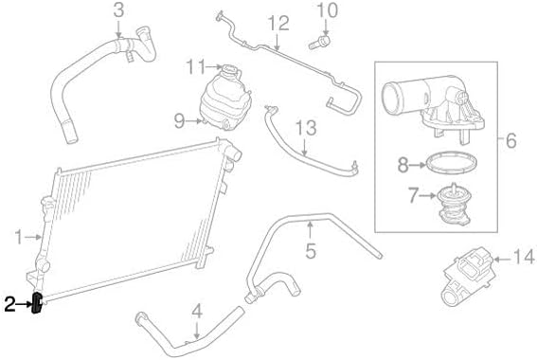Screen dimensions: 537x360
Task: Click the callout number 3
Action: pyautogui.click(x=118, y=10)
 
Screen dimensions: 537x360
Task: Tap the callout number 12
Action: pyautogui.click(x=278, y=24)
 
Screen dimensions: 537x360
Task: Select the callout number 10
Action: pyautogui.click(x=328, y=10)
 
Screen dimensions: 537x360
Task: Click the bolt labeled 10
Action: pyautogui.click(x=319, y=43)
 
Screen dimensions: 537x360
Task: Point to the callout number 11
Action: pyautogui.click(x=196, y=67)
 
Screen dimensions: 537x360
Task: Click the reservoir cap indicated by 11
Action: pyautogui.click(x=230, y=72)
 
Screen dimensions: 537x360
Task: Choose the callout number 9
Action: pyautogui.click(x=179, y=120)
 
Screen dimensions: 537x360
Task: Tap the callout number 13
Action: pyautogui.click(x=306, y=128)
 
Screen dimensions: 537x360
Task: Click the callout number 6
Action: pyautogui.click(x=510, y=140)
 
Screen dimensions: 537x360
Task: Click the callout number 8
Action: pyautogui.click(x=403, y=165)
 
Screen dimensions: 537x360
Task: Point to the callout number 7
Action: pyautogui.click(x=413, y=195)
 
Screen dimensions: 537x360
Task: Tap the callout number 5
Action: pyautogui.click(x=311, y=251)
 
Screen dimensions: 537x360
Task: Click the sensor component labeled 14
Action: pyautogui.click(x=467, y=277)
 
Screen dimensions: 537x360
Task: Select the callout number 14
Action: pyautogui.click(x=524, y=257)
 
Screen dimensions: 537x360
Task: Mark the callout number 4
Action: pyautogui.click(x=197, y=312)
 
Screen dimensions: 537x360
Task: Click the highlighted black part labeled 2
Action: pyautogui.click(x=37, y=303)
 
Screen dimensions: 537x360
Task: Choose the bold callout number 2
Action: pyautogui.click(x=9, y=304)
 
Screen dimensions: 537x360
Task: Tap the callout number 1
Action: pyautogui.click(x=19, y=238)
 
